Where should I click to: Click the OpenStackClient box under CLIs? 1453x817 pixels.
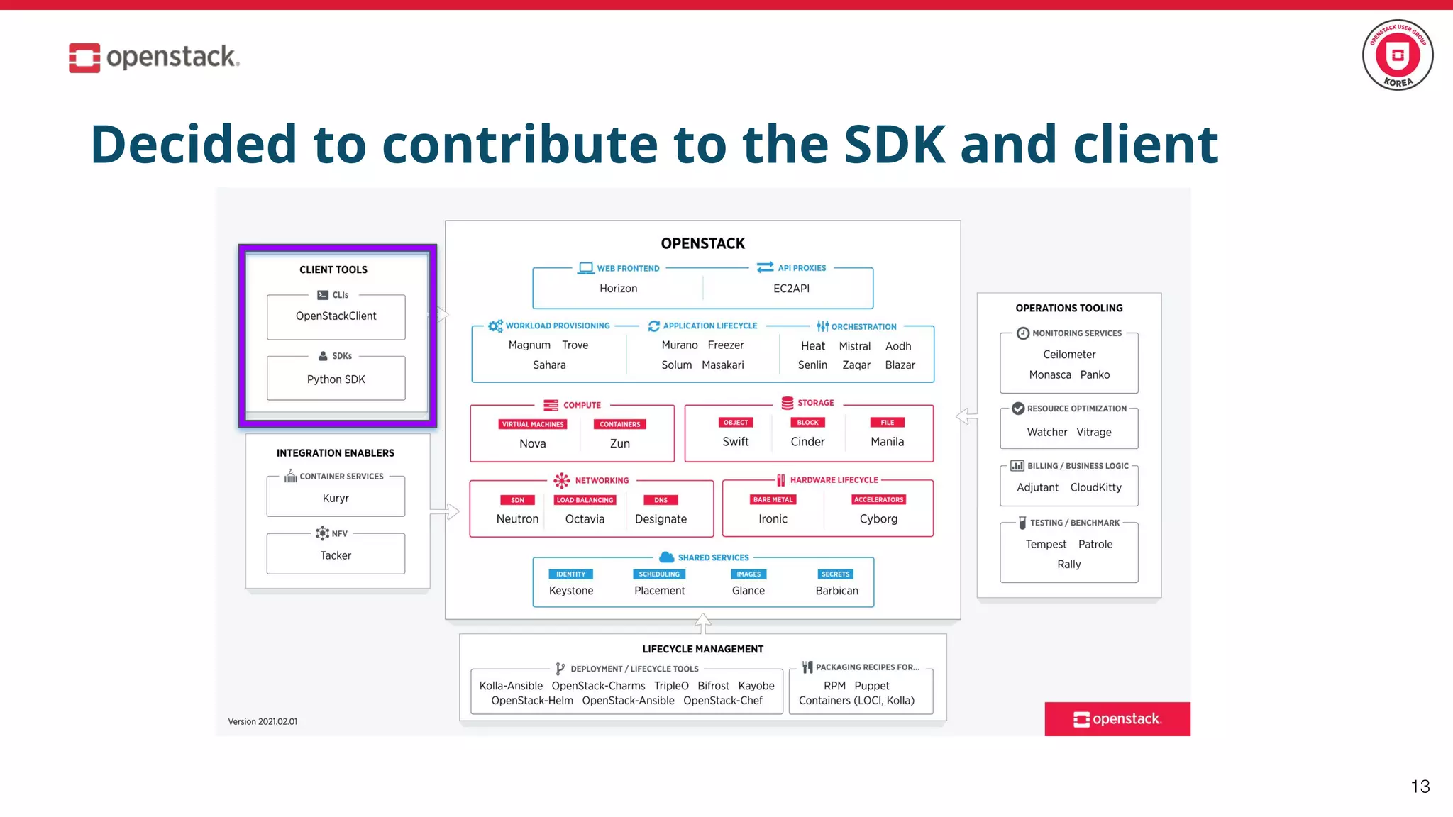pyautogui.click(x=336, y=316)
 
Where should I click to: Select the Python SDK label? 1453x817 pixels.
pyautogui.click(x=336, y=379)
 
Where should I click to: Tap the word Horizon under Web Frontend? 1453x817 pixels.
pyautogui.click(x=618, y=289)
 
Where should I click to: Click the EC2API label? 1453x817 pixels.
pyautogui.click(x=791, y=289)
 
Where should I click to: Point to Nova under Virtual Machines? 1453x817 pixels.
pyautogui.click(x=532, y=443)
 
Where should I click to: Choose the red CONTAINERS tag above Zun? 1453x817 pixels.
pyautogui.click(x=619, y=424)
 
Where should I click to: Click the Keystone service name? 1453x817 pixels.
pyautogui.click(x=570, y=591)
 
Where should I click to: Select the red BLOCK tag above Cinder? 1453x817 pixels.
pyautogui.click(x=807, y=423)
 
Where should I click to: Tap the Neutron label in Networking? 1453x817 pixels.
pyautogui.click(x=517, y=519)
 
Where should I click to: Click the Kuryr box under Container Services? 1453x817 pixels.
pyautogui.click(x=336, y=498)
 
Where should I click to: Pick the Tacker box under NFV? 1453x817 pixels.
pyautogui.click(x=336, y=555)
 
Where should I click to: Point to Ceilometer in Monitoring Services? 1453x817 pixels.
pyautogui.click(x=1068, y=354)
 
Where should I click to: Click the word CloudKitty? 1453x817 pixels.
pyautogui.click(x=1095, y=487)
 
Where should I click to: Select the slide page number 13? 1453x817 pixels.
pyautogui.click(x=1420, y=787)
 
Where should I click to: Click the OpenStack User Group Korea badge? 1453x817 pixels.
pyautogui.click(x=1397, y=55)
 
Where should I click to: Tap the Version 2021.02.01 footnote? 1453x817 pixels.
pyautogui.click(x=263, y=721)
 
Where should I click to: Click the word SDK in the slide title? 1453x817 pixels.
pyautogui.click(x=894, y=144)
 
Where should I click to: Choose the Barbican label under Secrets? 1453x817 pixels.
pyautogui.click(x=836, y=591)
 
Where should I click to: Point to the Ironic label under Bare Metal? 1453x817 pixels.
pyautogui.click(x=773, y=519)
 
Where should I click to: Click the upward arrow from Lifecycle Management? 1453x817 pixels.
pyautogui.click(x=702, y=623)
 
